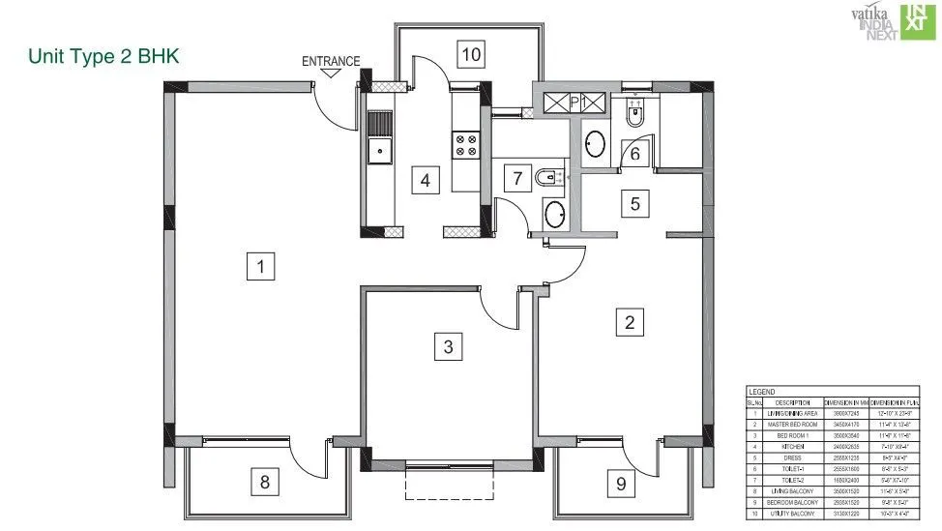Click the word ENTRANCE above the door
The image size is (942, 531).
331,62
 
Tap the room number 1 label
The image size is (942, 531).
260,264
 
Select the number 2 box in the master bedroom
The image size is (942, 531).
630,322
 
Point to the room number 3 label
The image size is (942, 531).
447,346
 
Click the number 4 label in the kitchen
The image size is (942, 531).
424,179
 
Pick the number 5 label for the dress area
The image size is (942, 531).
634,204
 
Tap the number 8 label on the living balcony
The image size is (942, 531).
264,480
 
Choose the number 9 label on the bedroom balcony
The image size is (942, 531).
621,481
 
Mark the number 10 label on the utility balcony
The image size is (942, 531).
471,53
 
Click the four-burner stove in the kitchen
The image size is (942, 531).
465,145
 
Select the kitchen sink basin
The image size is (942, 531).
379,150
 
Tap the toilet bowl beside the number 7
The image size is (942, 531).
548,177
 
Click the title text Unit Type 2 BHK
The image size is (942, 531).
104,57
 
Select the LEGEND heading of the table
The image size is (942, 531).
762,391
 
